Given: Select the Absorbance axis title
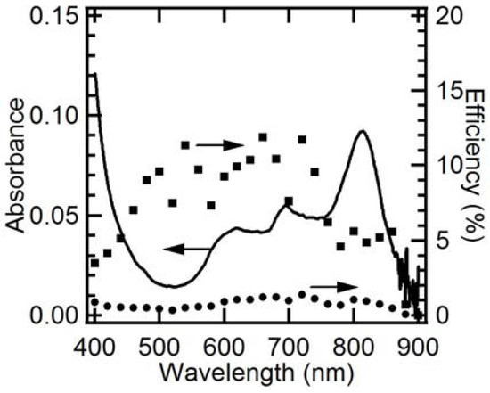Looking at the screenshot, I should pyautogui.click(x=17, y=166).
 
